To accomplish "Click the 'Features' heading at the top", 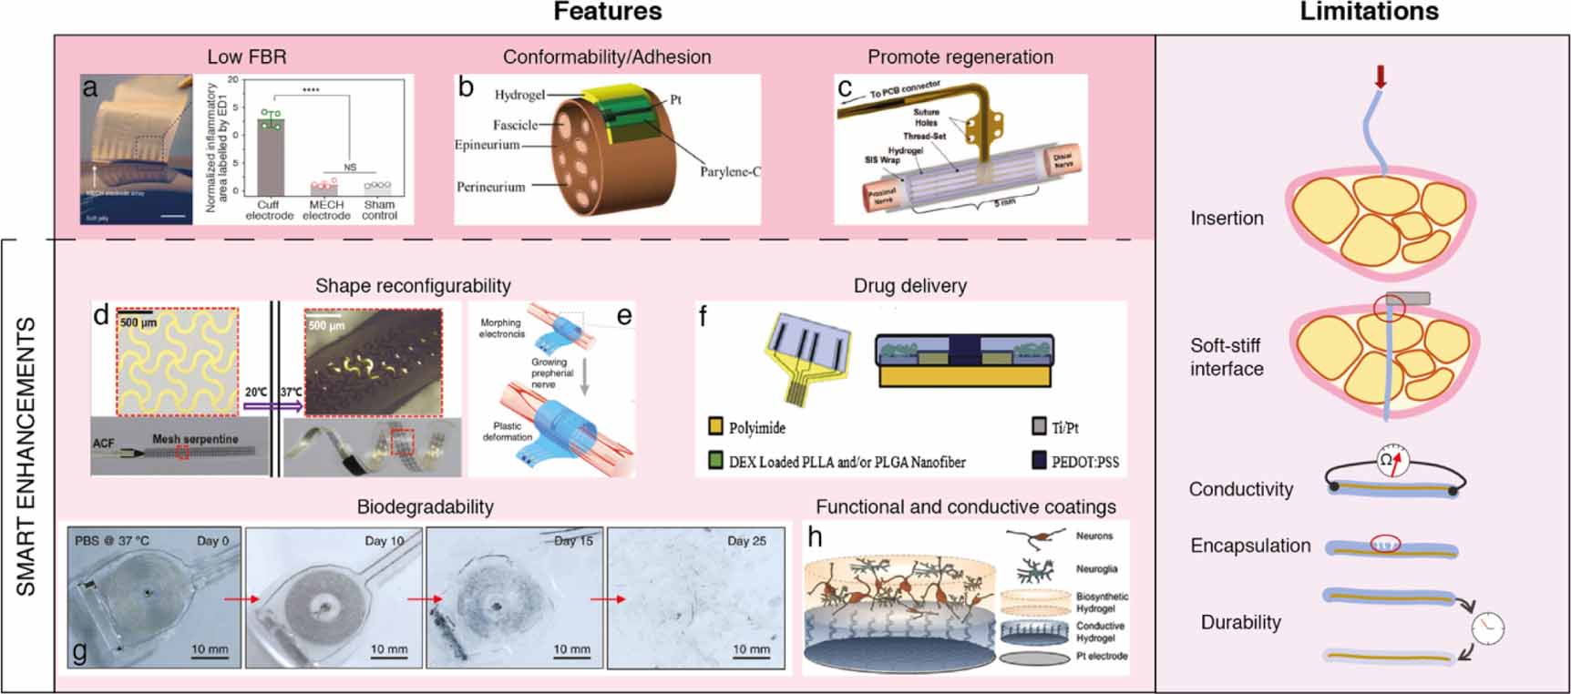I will pyautogui.click(x=608, y=12).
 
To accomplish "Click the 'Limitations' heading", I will pyautogui.click(x=1369, y=12).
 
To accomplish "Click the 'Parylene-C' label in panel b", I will pyautogui.click(x=730, y=171).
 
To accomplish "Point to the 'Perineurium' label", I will pyautogui.click(x=490, y=187).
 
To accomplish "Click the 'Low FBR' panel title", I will pyautogui.click(x=247, y=56).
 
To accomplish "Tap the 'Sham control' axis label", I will pyautogui.click(x=379, y=210).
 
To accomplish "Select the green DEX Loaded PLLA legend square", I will pyautogui.click(x=715, y=461).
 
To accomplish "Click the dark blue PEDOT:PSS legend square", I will pyautogui.click(x=1039, y=461).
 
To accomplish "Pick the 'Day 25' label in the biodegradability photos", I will pyautogui.click(x=746, y=541).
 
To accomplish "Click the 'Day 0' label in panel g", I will pyautogui.click(x=213, y=541).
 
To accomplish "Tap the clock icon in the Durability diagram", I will pyautogui.click(x=1487, y=628).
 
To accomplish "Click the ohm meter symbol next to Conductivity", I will pyautogui.click(x=1391, y=460).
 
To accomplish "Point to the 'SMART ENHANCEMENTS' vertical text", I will pyautogui.click(x=26, y=455).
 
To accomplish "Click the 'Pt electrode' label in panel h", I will pyautogui.click(x=1101, y=656).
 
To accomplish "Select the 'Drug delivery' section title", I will pyautogui.click(x=909, y=285).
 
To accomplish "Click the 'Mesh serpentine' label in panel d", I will pyautogui.click(x=195, y=439).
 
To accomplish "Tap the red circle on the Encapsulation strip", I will pyautogui.click(x=1384, y=545).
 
